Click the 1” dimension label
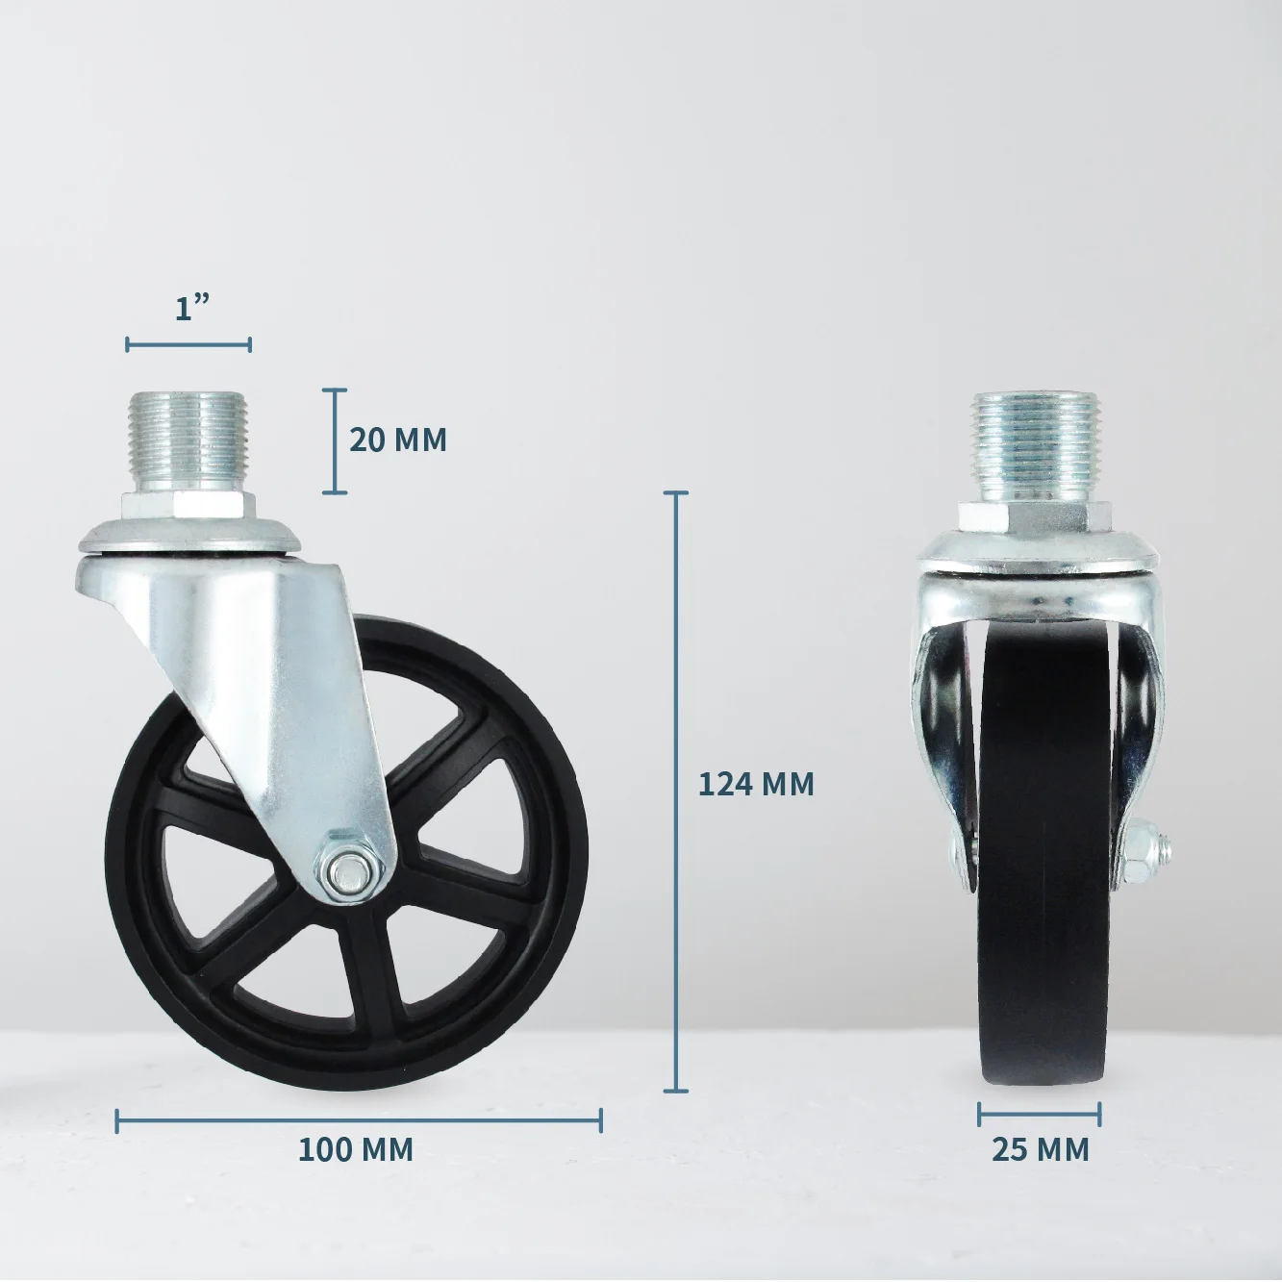[192, 309]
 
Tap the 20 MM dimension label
[397, 440]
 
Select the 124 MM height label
[756, 784]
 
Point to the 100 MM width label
[356, 1148]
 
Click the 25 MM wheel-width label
[1041, 1148]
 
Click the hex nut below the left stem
[188, 508]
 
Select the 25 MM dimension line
[1040, 1115]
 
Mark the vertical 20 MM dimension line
[335, 440]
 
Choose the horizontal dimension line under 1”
[189, 344]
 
